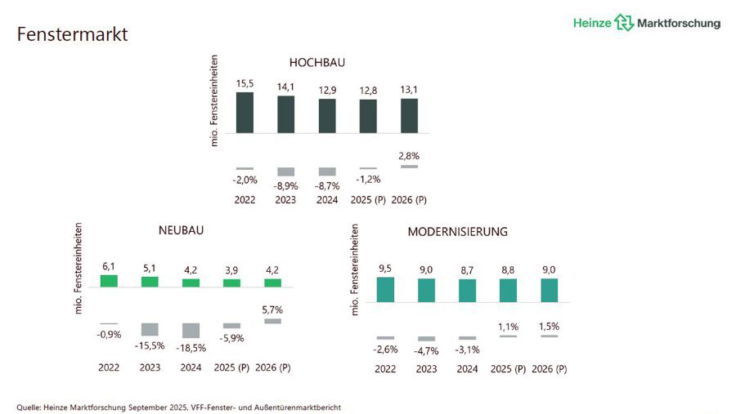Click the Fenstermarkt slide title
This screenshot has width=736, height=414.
pyautogui.click(x=73, y=35)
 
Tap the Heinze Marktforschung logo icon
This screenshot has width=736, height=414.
pyautogui.click(x=625, y=23)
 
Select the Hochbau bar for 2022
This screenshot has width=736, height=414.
pyautogui.click(x=245, y=112)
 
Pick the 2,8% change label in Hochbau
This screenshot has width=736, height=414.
pyautogui.click(x=409, y=155)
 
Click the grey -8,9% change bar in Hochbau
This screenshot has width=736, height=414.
pyautogui.click(x=285, y=171)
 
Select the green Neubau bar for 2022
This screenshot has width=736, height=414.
pyautogui.click(x=109, y=280)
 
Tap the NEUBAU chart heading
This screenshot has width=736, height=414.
pyautogui.click(x=181, y=230)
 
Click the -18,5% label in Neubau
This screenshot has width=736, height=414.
pyautogui.click(x=191, y=347)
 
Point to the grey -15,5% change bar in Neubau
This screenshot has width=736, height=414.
pyautogui.click(x=150, y=329)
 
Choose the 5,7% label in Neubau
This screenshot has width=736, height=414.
pyautogui.click(x=272, y=309)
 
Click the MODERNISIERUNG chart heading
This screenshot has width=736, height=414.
pyautogui.click(x=457, y=232)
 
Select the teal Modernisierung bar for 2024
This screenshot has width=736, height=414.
pyautogui.click(x=467, y=291)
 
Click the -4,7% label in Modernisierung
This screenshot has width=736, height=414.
pyautogui.click(x=426, y=351)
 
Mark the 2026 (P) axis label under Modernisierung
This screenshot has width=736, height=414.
pyautogui.click(x=550, y=369)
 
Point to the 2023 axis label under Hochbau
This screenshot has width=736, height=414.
pyautogui.click(x=285, y=200)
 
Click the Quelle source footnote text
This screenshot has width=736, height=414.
pyautogui.click(x=178, y=407)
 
